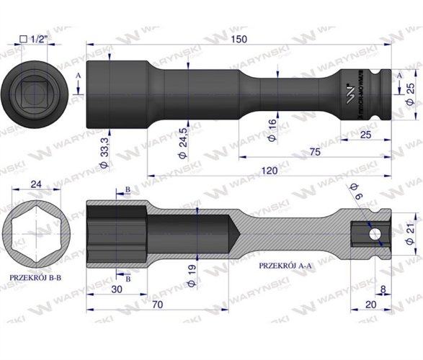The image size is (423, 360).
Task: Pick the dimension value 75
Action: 315,153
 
